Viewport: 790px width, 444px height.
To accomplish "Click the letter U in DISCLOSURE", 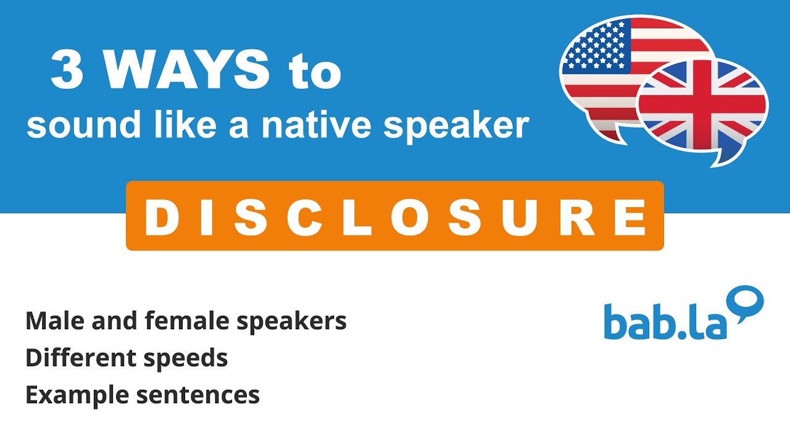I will pos(523,218).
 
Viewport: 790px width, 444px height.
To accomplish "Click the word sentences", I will pos(197,395).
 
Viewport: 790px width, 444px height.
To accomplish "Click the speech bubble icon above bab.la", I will pos(748,303).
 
